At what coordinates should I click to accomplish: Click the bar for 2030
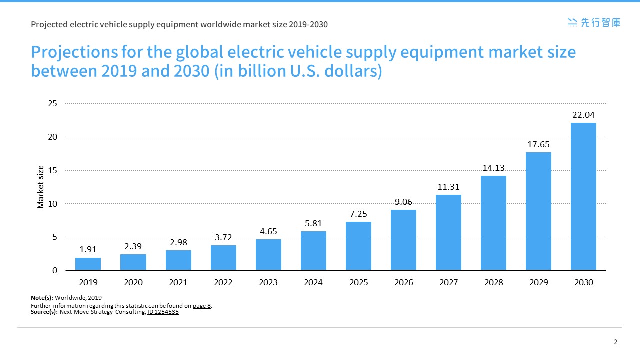pyautogui.click(x=583, y=196)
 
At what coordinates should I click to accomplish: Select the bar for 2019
pyautogui.click(x=88, y=264)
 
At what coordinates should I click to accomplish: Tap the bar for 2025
pyautogui.click(x=358, y=246)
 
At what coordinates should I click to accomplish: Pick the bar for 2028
pyautogui.click(x=493, y=223)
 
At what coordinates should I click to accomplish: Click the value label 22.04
pyautogui.click(x=583, y=115)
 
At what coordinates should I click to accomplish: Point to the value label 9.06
pyautogui.click(x=403, y=202)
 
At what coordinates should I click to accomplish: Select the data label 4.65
pyautogui.click(x=268, y=231)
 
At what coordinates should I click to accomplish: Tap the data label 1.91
pyautogui.click(x=88, y=250)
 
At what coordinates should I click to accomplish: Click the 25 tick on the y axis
pyautogui.click(x=52, y=104)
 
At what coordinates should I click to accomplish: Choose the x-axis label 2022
pyautogui.click(x=223, y=283)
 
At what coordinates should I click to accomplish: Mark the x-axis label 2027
pyautogui.click(x=448, y=283)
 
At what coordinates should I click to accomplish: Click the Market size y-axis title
pyautogui.click(x=41, y=187)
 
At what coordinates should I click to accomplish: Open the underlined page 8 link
pyautogui.click(x=202, y=306)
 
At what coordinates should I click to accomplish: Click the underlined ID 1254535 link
pyautogui.click(x=163, y=312)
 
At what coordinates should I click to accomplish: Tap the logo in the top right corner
pyautogui.click(x=594, y=22)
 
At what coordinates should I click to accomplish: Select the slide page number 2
pyautogui.click(x=615, y=342)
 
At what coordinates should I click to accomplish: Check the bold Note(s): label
pyautogui.click(x=42, y=298)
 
